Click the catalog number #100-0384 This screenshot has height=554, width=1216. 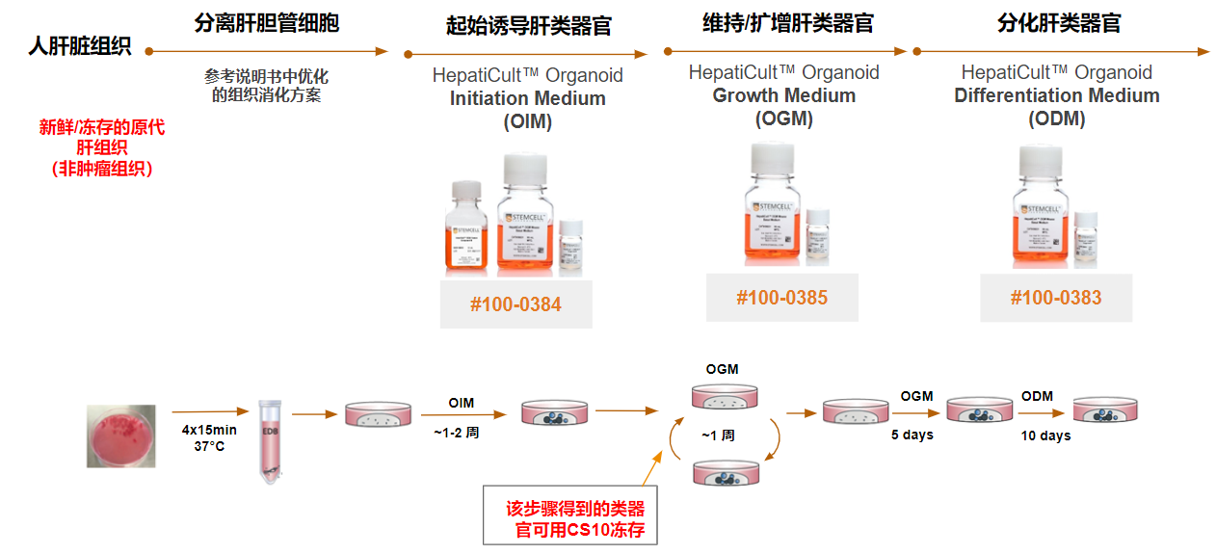click(515, 305)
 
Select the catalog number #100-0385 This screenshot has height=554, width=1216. click(781, 297)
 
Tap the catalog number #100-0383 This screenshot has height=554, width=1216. click(1056, 298)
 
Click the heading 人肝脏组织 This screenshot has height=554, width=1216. click(80, 46)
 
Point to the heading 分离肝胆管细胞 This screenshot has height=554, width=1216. click(266, 24)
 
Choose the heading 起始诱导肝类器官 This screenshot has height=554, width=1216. click(529, 26)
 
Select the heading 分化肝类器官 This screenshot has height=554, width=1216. click(1059, 24)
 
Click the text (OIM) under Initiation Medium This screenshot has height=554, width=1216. click(527, 121)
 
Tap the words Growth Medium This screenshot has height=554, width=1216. click(783, 95)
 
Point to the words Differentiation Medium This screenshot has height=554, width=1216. click(1056, 95)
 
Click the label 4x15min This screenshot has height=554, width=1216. click(209, 430)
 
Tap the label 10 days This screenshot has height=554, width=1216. click(1045, 435)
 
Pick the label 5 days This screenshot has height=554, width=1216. click(912, 435)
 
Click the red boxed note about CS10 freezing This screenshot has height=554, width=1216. click(570, 517)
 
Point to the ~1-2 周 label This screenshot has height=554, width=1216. click(456, 433)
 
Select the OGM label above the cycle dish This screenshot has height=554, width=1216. click(722, 369)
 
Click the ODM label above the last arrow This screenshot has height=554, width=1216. click(1037, 396)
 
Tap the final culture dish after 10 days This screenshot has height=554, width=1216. click(1107, 410)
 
